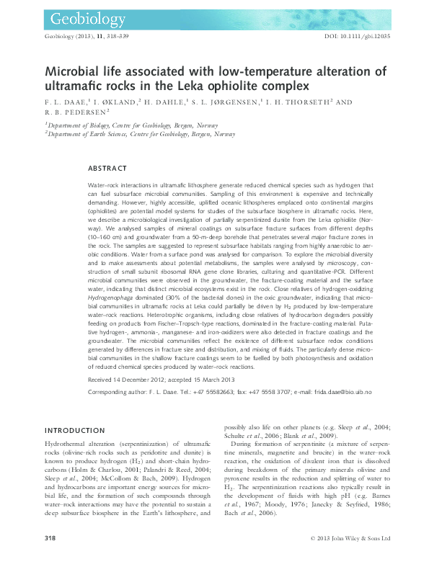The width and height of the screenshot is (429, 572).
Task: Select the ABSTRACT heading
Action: [107, 168]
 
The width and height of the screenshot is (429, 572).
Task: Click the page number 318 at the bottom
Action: [50, 558]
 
